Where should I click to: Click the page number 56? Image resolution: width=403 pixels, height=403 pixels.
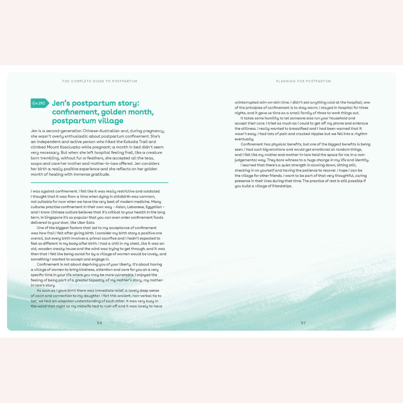tap(100, 323)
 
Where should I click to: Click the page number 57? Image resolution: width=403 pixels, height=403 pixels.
tap(303, 323)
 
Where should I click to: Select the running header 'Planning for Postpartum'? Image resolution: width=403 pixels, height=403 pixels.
tap(303, 81)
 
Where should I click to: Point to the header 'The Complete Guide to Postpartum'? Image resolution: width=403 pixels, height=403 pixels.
tap(100, 81)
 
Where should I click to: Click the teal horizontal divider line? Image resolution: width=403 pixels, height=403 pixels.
tap(100, 183)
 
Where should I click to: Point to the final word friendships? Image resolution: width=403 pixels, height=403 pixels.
tap(282, 186)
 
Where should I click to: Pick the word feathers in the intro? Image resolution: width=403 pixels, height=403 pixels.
tap(95, 158)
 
